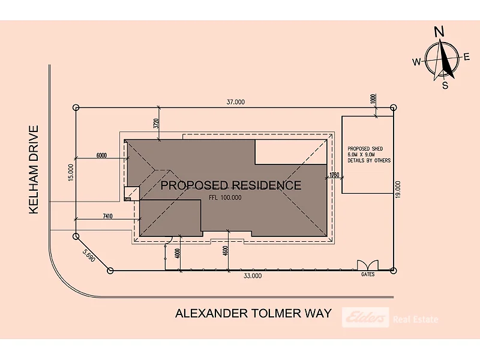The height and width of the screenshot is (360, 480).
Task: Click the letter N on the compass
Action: pos(439,32)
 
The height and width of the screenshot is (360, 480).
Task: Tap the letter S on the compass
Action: pos(445,85)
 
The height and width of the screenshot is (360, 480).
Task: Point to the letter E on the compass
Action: pos(467,57)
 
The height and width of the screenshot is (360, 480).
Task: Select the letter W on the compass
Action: pos(416,62)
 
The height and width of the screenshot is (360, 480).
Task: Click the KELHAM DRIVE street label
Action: pos(34,169)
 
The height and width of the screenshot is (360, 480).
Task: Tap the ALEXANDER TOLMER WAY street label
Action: pos(253,313)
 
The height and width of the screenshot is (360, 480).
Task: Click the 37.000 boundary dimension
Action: pos(235,102)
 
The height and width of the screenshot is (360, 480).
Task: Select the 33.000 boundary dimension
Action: pos(253,276)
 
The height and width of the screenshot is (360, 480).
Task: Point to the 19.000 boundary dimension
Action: pos(398,190)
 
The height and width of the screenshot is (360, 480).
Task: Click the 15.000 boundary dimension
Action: pos(71,173)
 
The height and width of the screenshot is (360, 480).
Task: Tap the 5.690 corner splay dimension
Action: pos(89,256)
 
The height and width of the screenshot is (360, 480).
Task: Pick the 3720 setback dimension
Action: pos(156,124)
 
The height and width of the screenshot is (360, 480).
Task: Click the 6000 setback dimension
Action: pos(101,155)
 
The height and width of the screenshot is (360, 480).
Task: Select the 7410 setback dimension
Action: pos(107,217)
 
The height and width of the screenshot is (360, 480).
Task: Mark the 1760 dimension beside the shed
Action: pos(334,175)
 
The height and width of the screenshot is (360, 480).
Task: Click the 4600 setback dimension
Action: pos(226,251)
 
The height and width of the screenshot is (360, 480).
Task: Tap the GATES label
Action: pos(368,274)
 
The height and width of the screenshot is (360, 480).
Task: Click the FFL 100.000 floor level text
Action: pos(225,198)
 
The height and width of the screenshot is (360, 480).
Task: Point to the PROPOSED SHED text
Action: pos(365,149)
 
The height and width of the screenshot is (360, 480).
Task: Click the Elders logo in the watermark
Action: pos(365,317)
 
